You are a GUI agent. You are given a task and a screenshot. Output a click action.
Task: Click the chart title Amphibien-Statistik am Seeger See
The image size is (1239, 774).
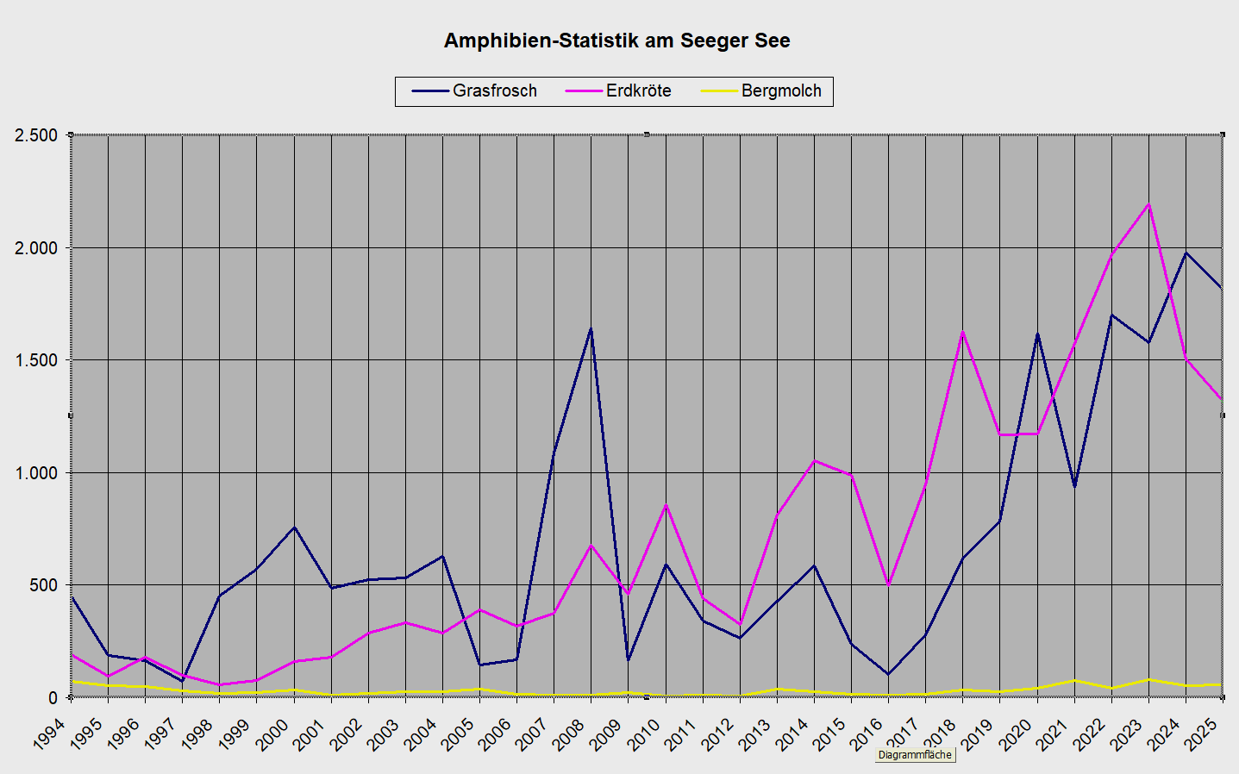coord(616,41)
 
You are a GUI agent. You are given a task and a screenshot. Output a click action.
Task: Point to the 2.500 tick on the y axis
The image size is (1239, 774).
coord(36,135)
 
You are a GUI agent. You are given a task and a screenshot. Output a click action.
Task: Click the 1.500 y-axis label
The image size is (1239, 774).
coord(36,360)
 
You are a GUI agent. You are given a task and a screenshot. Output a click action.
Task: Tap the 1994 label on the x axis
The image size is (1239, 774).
coord(50,734)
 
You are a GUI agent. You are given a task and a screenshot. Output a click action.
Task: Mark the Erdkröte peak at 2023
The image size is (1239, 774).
coord(1148,204)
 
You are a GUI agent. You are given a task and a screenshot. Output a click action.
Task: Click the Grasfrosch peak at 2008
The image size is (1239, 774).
coord(591,328)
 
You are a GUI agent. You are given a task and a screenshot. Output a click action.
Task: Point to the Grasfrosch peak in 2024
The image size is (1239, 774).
coord(1186,253)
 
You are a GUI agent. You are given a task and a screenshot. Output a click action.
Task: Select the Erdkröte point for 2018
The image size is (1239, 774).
coord(962,332)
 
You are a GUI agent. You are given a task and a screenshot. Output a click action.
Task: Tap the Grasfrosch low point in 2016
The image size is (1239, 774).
coord(888,674)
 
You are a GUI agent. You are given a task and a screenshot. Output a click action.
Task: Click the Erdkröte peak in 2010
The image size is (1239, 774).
coord(666,505)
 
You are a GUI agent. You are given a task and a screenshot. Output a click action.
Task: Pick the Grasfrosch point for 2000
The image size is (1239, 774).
coord(294,527)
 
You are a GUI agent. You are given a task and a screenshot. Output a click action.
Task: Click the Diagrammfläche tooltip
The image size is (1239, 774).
coord(915,755)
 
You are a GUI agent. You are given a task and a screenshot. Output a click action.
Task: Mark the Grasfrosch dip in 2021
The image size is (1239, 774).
coord(1074,487)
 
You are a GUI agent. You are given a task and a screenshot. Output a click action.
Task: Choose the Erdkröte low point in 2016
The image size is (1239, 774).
coord(888,585)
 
